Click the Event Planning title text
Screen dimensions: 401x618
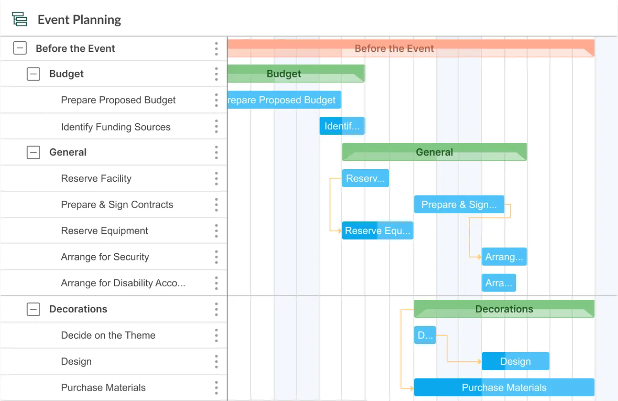tap(79, 20)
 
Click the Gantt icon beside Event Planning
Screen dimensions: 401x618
tap(19, 19)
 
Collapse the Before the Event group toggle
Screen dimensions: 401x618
tap(20, 48)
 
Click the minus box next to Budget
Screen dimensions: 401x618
tap(33, 74)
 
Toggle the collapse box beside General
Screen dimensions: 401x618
tap(33, 152)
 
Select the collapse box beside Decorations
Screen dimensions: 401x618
tap(33, 309)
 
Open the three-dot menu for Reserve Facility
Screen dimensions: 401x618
tap(216, 179)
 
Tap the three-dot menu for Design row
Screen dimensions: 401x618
tap(216, 362)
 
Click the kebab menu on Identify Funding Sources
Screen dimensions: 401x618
tap(216, 127)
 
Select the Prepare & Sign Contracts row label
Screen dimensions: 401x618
tap(117, 205)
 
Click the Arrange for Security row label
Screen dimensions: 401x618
tap(105, 257)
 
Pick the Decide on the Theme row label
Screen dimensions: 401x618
tap(108, 335)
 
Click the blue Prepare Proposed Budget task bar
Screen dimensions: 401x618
tap(284, 100)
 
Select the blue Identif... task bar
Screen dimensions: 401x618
tap(342, 126)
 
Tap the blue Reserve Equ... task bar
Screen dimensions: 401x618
tap(377, 231)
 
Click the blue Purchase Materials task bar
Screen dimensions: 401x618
tap(504, 388)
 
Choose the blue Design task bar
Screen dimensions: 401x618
tap(515, 362)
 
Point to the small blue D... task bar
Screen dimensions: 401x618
tap(425, 335)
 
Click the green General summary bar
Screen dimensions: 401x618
tap(434, 152)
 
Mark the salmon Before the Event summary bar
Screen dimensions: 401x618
tap(410, 48)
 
